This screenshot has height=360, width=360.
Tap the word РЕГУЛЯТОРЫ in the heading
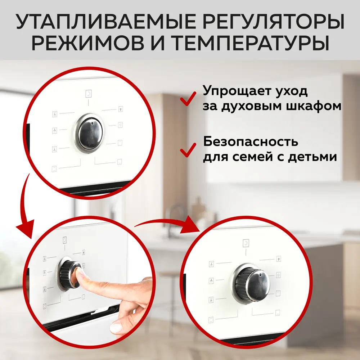tap(274, 22)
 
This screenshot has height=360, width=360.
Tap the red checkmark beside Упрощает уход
tap(188, 99)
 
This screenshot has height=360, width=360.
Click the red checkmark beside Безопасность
tap(188, 150)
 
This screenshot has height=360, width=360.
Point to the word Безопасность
tap(251, 141)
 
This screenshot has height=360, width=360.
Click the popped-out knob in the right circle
tap(251, 284)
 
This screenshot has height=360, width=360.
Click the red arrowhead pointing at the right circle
tap(190, 225)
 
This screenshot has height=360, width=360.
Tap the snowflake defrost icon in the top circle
tap(120, 125)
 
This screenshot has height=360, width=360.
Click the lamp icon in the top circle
tap(121, 109)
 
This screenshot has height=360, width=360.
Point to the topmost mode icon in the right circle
tap(246, 243)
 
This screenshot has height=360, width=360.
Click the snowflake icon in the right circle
tap(278, 275)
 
